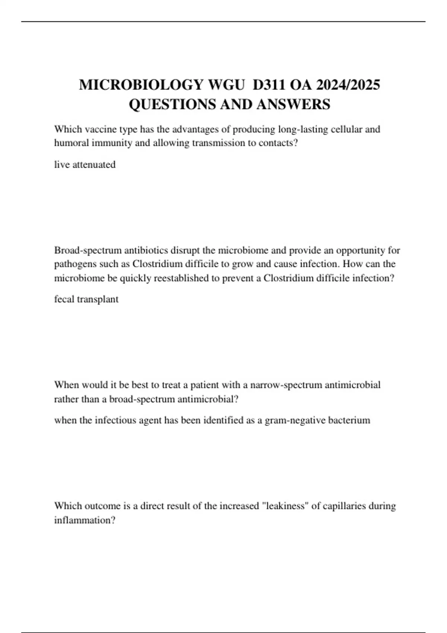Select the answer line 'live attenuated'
(85, 165)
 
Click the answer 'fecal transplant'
(86, 299)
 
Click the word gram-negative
(290, 420)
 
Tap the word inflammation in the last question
(85, 520)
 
